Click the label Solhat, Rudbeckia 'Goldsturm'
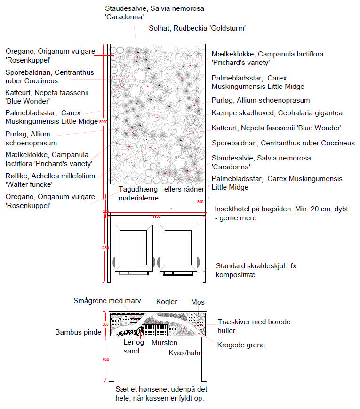(197, 28)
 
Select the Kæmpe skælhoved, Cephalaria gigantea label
(277, 113)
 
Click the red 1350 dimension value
(105, 248)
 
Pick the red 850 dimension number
(105, 359)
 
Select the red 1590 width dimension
(156, 217)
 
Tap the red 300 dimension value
(200, 202)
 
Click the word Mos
(197, 302)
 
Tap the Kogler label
(167, 301)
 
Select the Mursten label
(164, 343)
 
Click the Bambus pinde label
(78, 332)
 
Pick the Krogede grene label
(241, 345)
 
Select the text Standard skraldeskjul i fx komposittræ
(256, 270)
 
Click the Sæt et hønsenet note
(161, 393)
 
